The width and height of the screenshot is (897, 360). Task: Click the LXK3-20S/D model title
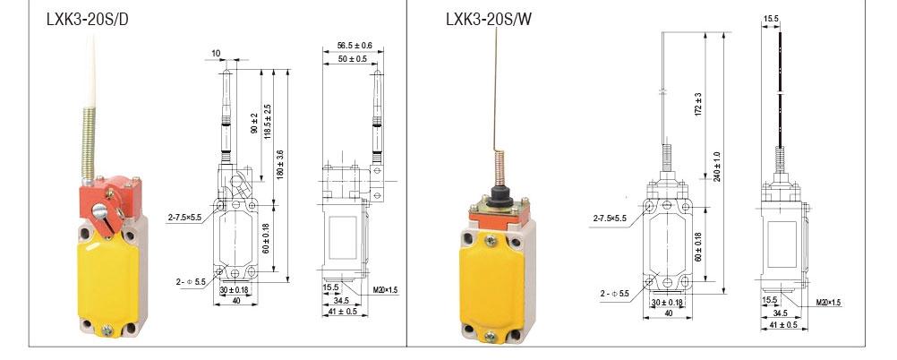[88, 20]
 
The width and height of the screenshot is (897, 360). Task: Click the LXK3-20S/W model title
[489, 20]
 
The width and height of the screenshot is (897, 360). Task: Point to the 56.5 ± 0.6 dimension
[355, 45]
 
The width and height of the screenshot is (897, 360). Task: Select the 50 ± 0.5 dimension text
[352, 59]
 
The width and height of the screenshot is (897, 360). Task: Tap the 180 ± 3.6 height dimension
[279, 165]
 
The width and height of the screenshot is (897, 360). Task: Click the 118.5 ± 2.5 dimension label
[267, 121]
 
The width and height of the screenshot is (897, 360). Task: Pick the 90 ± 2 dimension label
[254, 124]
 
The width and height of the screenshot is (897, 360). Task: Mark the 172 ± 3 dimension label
[698, 104]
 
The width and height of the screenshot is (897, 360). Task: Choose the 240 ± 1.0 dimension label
[717, 167]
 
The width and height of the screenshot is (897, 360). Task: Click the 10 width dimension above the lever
[216, 53]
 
